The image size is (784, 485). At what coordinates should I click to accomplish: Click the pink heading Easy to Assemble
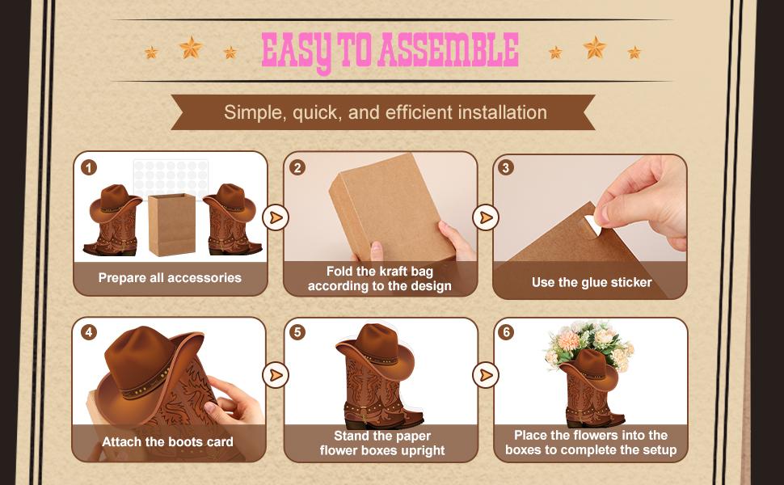[390, 51]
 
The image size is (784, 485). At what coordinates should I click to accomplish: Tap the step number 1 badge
[89, 168]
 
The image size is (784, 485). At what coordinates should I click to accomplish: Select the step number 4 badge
[89, 332]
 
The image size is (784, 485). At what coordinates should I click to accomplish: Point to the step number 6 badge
[507, 332]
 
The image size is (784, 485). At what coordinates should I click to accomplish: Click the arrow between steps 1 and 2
[276, 217]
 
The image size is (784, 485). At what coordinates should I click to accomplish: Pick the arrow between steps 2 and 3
[485, 217]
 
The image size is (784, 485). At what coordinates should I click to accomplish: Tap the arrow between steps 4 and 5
[276, 375]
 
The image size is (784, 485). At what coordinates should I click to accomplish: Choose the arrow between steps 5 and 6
[485, 375]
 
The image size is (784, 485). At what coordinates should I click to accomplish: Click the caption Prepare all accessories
[170, 278]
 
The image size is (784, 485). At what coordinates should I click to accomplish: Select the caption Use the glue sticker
[591, 282]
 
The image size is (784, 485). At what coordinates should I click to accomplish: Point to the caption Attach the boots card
[167, 442]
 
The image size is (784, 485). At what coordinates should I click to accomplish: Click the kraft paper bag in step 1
[171, 224]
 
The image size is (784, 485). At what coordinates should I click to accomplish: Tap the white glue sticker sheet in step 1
[171, 175]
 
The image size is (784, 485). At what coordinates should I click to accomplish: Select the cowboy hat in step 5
[373, 347]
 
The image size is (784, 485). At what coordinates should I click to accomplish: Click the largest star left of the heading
[191, 48]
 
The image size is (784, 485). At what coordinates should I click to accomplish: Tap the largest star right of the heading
[594, 48]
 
